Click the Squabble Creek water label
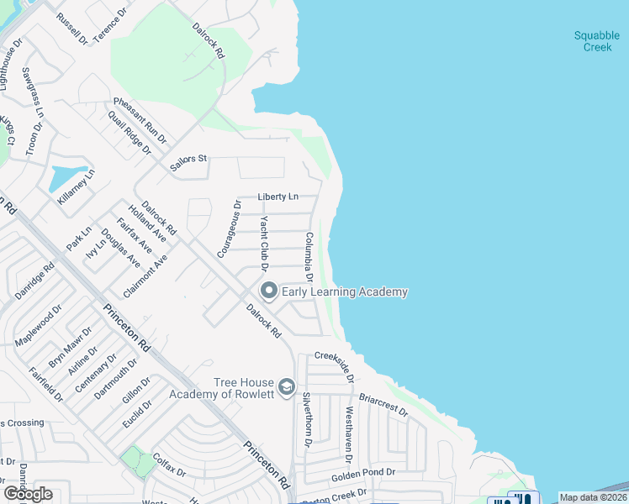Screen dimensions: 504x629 596,41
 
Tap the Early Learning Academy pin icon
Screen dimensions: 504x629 269,291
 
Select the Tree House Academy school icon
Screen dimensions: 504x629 286,386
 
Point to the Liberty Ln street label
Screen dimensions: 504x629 277,197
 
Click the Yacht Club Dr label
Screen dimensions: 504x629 263,244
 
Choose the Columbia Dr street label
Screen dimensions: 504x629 309,257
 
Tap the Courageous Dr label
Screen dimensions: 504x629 228,228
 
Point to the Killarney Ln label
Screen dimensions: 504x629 77,187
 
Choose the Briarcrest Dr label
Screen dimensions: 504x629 383,407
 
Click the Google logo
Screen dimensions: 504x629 28,494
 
